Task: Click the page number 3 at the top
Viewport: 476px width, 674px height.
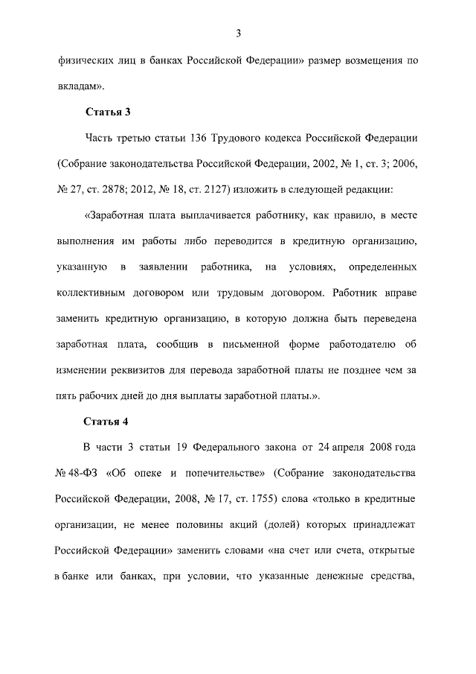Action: pyautogui.click(x=238, y=33)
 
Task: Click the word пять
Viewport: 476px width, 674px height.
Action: pyautogui.click(x=68, y=395)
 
